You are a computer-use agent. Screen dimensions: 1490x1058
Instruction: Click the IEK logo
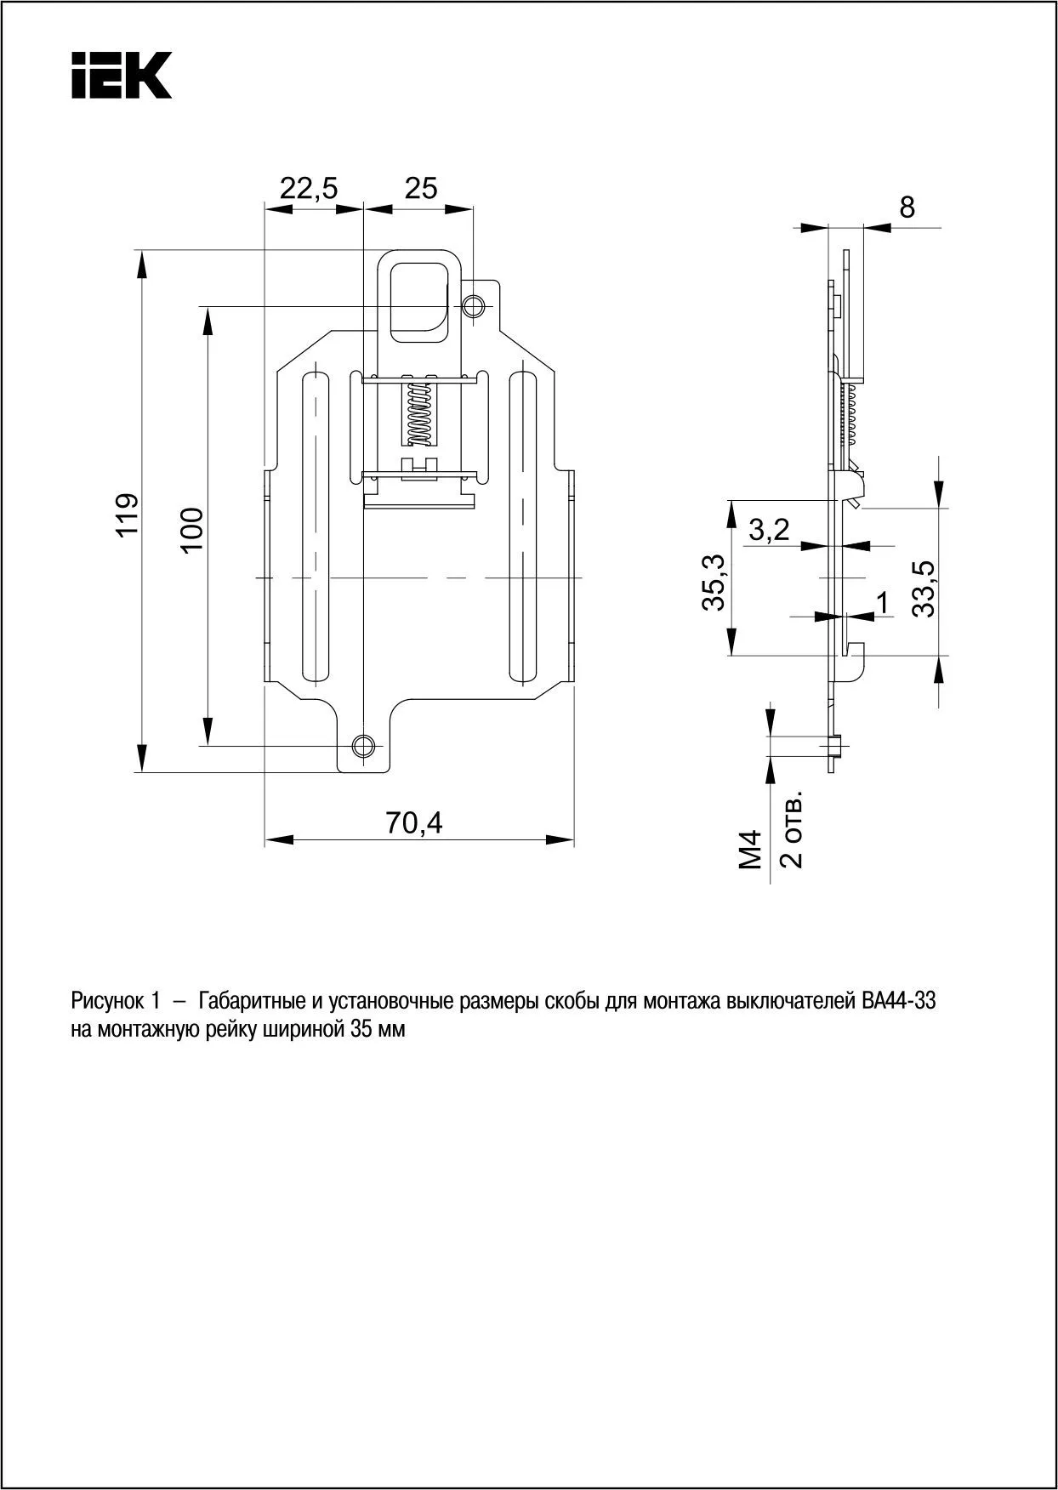click(122, 75)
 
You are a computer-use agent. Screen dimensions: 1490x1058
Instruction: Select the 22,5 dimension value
click(309, 188)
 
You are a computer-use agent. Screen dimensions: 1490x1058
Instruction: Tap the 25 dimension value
click(421, 188)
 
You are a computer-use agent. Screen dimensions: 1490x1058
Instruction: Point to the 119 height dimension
click(128, 515)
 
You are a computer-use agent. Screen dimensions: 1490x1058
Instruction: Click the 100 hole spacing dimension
click(192, 529)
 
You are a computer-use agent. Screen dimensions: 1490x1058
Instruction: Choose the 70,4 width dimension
click(414, 823)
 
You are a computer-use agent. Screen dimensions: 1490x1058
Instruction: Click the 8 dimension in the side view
click(907, 207)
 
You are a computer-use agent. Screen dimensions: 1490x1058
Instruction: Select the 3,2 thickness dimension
click(770, 531)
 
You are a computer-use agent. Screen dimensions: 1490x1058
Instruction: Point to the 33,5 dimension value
click(923, 589)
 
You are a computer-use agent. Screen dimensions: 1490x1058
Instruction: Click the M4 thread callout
click(750, 850)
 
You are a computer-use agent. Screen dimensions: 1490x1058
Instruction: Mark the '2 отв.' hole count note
click(791, 833)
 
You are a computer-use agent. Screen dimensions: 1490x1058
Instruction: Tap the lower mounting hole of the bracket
click(363, 745)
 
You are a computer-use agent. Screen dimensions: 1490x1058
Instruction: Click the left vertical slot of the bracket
click(315, 527)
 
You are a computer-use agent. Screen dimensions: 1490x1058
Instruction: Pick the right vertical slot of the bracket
click(522, 527)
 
